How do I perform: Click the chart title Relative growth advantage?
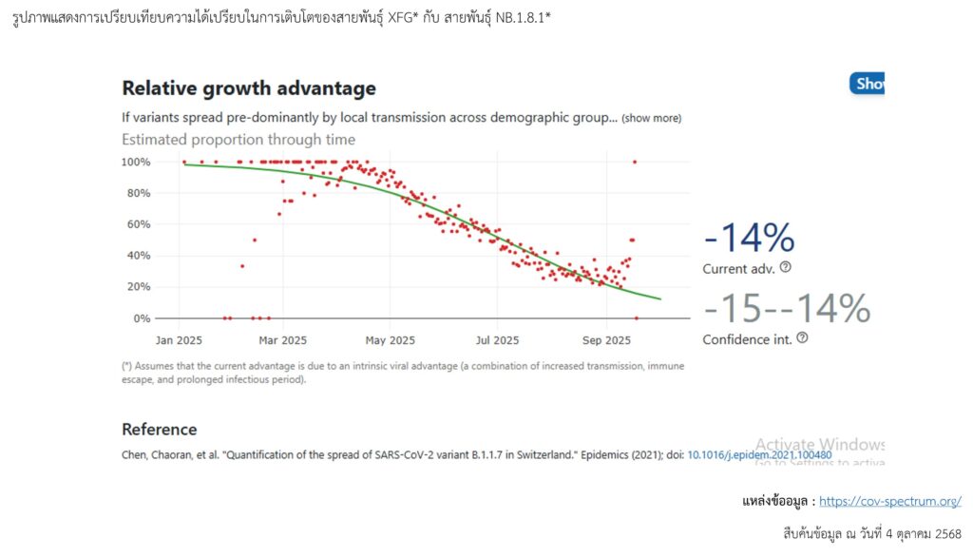[x=249, y=88]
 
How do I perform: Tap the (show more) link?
[x=651, y=118]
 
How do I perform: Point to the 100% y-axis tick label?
[x=135, y=163]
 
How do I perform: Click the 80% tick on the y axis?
[x=138, y=194]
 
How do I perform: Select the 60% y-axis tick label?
[x=138, y=224]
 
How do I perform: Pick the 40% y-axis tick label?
[x=138, y=256]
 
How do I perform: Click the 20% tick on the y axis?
[x=138, y=287]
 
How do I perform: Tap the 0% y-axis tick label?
[x=141, y=318]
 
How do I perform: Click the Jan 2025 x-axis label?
[x=180, y=340]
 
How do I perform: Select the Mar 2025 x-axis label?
[x=282, y=340]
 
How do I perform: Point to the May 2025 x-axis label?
[x=390, y=340]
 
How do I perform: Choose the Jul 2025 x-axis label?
[x=496, y=340]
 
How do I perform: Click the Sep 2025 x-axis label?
[x=606, y=340]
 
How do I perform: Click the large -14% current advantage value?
[x=749, y=238]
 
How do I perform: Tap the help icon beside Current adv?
[x=786, y=268]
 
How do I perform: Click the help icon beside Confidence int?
[x=802, y=338]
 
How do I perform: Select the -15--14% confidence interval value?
[x=787, y=308]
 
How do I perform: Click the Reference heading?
[x=160, y=430]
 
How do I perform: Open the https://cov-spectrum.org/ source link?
[x=889, y=501]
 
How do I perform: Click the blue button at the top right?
[x=867, y=84]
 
